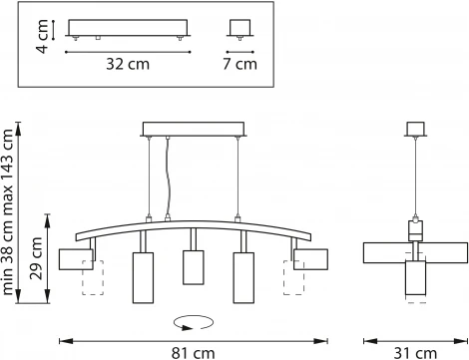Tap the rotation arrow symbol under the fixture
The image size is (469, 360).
(x=192, y=321)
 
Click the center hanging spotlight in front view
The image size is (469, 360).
(x=193, y=266)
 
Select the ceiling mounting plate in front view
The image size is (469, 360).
(x=194, y=128)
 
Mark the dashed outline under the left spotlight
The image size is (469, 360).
(x=93, y=278)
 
